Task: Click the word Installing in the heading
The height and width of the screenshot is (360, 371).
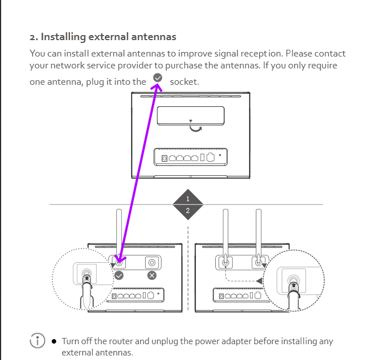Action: click(x=63, y=37)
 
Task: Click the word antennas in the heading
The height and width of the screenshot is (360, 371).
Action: click(x=154, y=37)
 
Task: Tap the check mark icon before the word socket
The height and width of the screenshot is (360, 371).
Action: click(x=158, y=77)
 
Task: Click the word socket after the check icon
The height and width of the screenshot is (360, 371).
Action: click(x=184, y=82)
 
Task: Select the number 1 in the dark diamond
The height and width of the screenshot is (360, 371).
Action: click(x=188, y=199)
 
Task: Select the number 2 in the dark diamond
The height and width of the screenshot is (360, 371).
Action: click(x=188, y=211)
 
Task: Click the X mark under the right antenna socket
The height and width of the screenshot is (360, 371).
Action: click(x=152, y=275)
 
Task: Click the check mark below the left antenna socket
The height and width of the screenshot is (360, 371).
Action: click(x=119, y=275)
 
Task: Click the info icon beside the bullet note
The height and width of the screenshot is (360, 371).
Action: click(x=37, y=341)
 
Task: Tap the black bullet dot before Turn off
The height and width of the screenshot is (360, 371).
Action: click(x=54, y=341)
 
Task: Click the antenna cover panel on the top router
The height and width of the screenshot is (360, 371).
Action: click(x=191, y=116)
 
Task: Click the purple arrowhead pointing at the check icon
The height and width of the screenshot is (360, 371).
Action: click(x=157, y=87)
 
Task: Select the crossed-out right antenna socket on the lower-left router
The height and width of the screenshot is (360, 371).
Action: click(x=152, y=262)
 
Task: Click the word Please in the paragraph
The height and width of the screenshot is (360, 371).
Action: click(x=299, y=54)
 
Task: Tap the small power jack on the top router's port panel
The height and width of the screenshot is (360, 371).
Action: click(x=164, y=158)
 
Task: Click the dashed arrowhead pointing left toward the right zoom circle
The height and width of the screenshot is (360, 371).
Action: click(x=259, y=281)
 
